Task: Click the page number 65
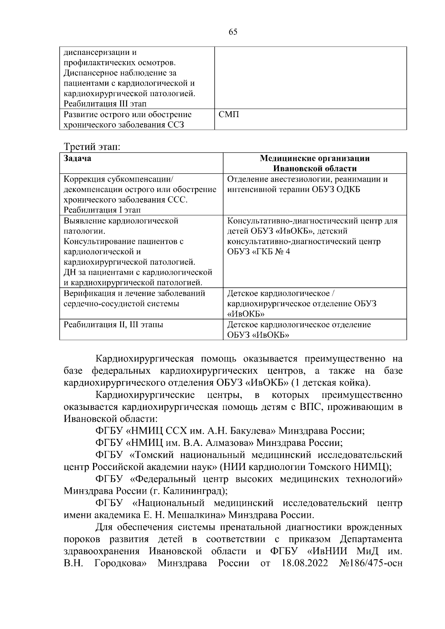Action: (x=233, y=32)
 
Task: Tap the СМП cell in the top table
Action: (x=229, y=115)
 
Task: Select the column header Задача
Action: (x=78, y=159)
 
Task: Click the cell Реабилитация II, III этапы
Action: (x=113, y=325)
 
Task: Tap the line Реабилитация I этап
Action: (x=102, y=210)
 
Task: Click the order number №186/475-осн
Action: (x=371, y=563)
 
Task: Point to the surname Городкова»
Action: (x=121, y=563)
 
